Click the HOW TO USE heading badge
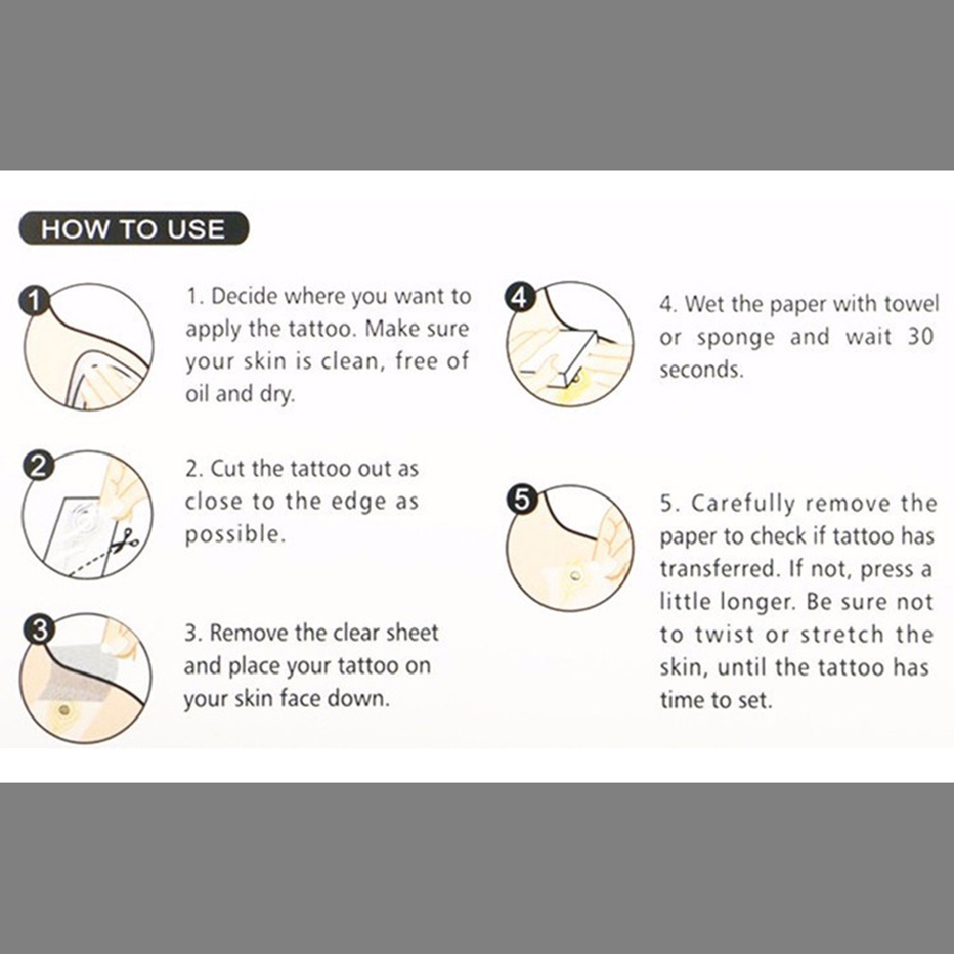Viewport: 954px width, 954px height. click(134, 229)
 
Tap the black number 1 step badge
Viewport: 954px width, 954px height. click(34, 301)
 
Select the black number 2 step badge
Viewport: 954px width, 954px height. click(37, 466)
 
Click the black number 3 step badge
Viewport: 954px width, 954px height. click(39, 630)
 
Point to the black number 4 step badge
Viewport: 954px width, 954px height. click(520, 298)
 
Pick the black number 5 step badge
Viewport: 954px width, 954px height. click(522, 500)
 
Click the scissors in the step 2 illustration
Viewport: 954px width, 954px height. click(126, 543)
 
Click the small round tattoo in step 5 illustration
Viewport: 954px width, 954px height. click(574, 574)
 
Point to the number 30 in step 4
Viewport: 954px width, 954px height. click(920, 336)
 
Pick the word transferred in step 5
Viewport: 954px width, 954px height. click(717, 569)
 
